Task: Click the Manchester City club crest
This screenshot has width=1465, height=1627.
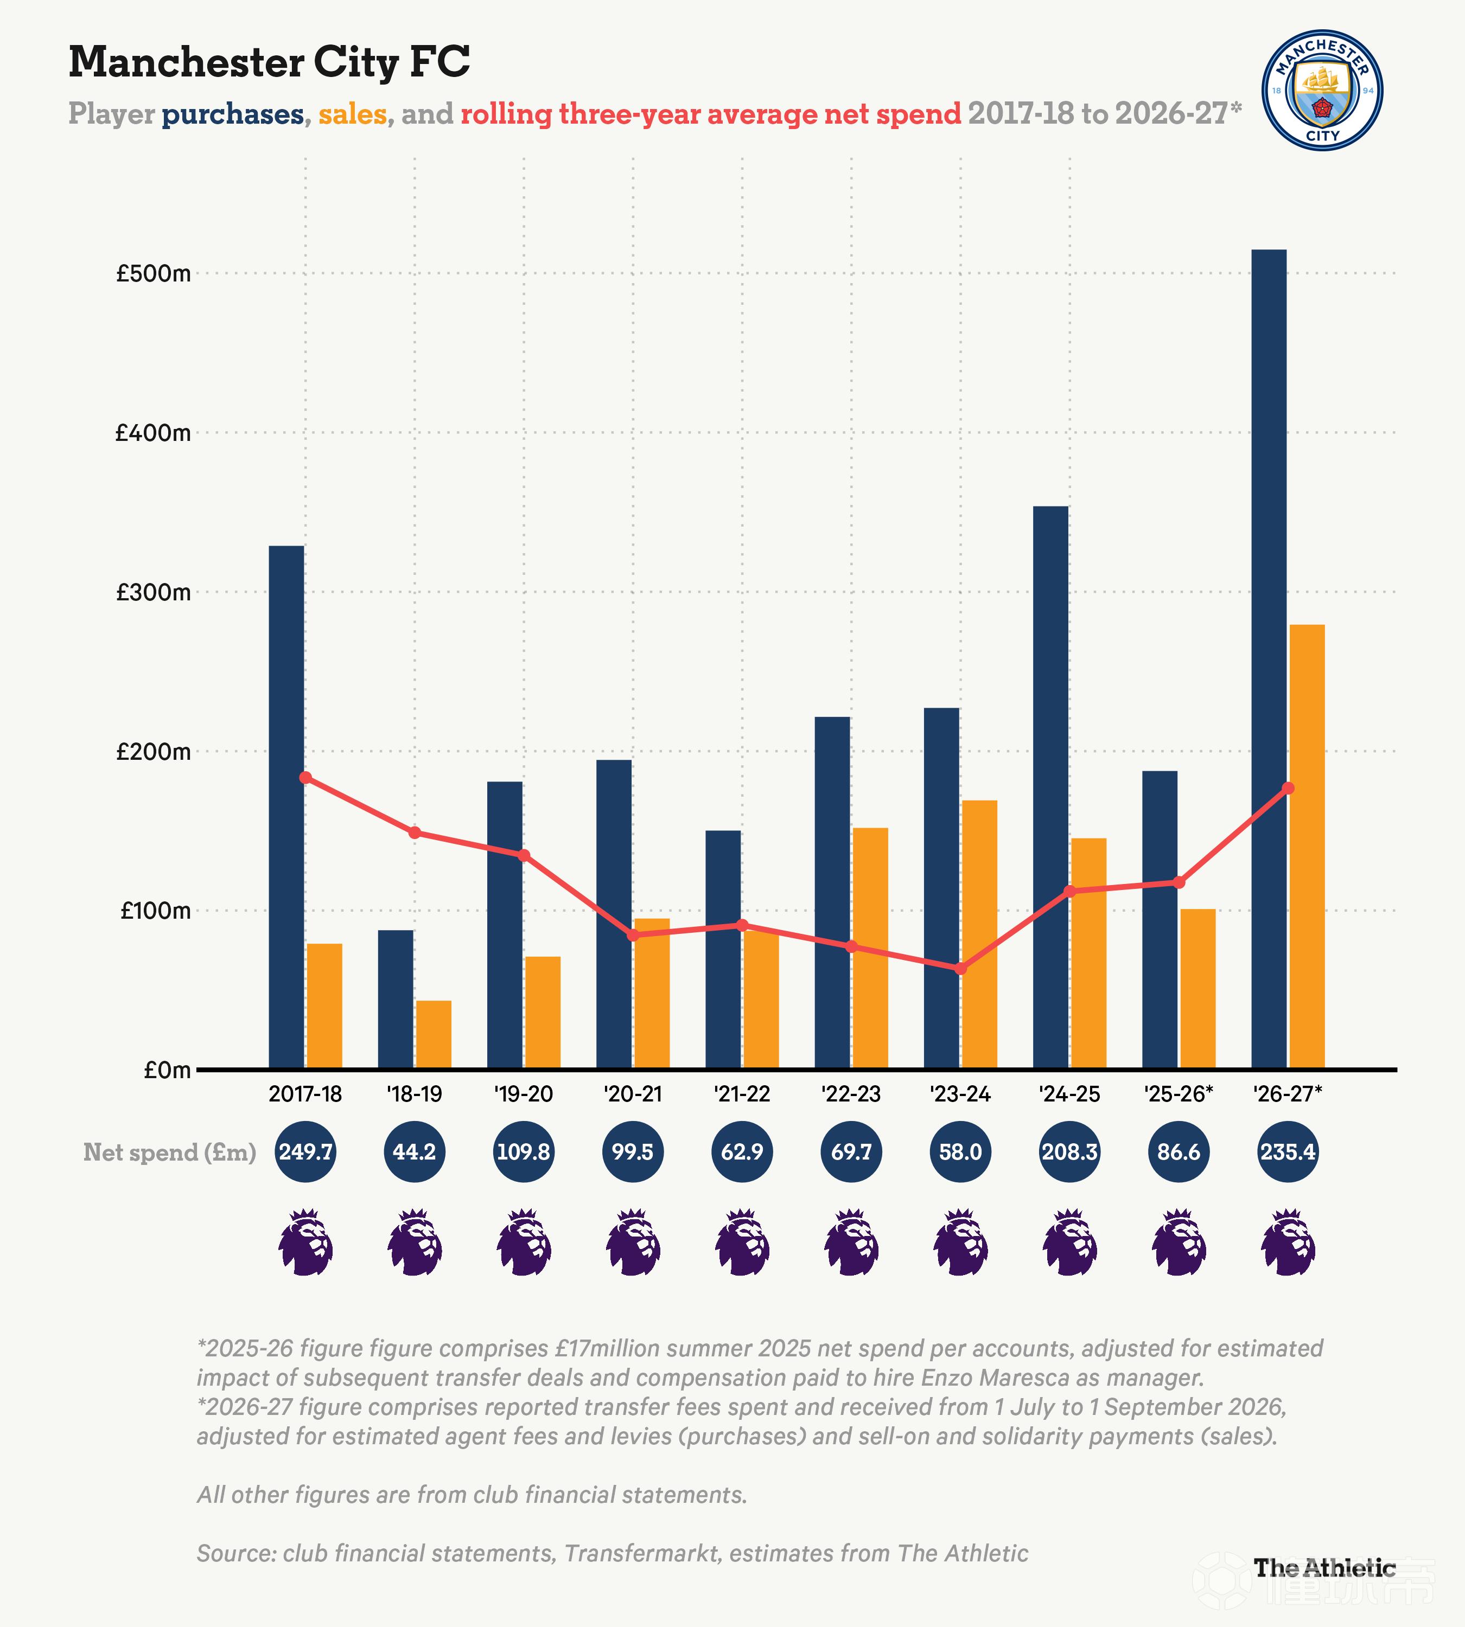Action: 1322,90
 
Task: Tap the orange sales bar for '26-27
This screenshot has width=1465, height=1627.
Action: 1307,847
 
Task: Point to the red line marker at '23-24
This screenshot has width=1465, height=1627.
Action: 960,969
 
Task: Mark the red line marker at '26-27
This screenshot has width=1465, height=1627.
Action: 1288,788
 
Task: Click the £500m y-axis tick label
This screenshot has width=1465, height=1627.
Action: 154,273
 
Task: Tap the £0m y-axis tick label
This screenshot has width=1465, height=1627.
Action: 168,1070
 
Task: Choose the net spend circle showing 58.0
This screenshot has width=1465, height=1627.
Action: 960,1152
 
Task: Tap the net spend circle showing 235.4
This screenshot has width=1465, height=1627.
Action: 1288,1152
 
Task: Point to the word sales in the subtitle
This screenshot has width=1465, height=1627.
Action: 353,114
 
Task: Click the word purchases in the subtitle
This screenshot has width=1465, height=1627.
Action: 233,114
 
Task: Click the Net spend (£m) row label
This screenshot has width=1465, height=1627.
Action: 170,1152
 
